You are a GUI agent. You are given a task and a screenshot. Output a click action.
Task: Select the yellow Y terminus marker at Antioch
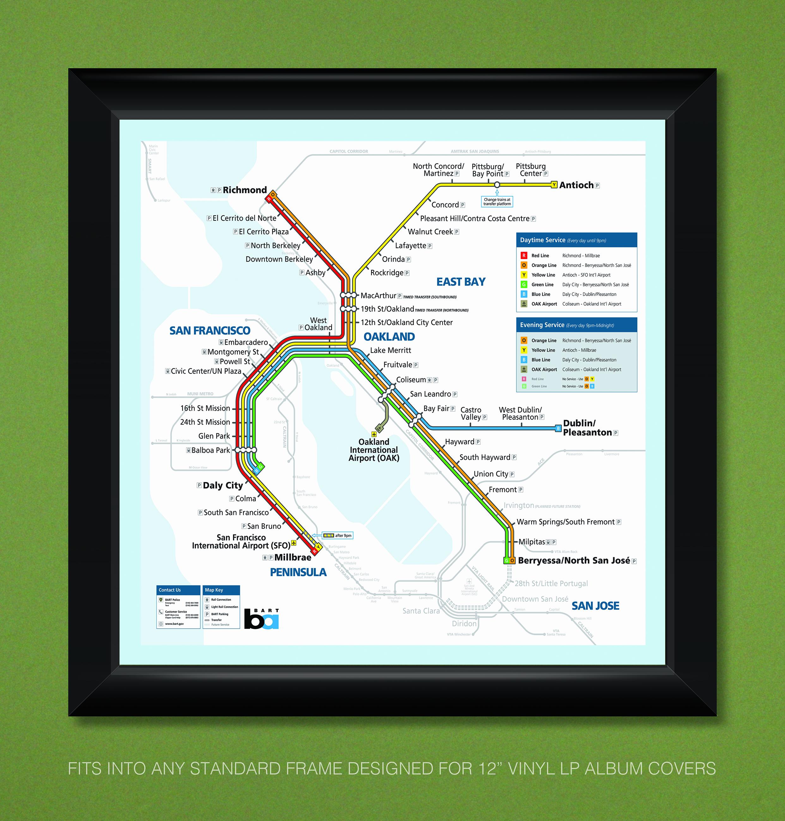coord(554,185)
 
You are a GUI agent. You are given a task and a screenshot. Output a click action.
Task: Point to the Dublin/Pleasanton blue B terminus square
coord(558,428)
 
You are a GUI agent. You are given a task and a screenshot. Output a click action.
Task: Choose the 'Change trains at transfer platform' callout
coord(497,202)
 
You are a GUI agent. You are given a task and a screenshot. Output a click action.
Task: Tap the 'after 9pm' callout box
coord(338,535)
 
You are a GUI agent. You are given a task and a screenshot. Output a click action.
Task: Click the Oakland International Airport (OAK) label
coord(374,450)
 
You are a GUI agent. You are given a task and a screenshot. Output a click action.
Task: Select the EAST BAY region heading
coord(461,282)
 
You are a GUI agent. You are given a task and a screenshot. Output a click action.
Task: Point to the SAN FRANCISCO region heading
coord(210,331)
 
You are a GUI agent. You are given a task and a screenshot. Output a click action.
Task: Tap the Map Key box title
coord(214,590)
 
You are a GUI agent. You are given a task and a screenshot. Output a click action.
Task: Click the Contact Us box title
coord(170,590)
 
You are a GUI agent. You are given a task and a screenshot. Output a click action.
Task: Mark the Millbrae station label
coord(293,558)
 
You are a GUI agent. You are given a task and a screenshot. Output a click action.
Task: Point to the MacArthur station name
coord(378,296)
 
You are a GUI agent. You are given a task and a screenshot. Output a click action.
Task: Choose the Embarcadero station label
coord(246,342)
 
